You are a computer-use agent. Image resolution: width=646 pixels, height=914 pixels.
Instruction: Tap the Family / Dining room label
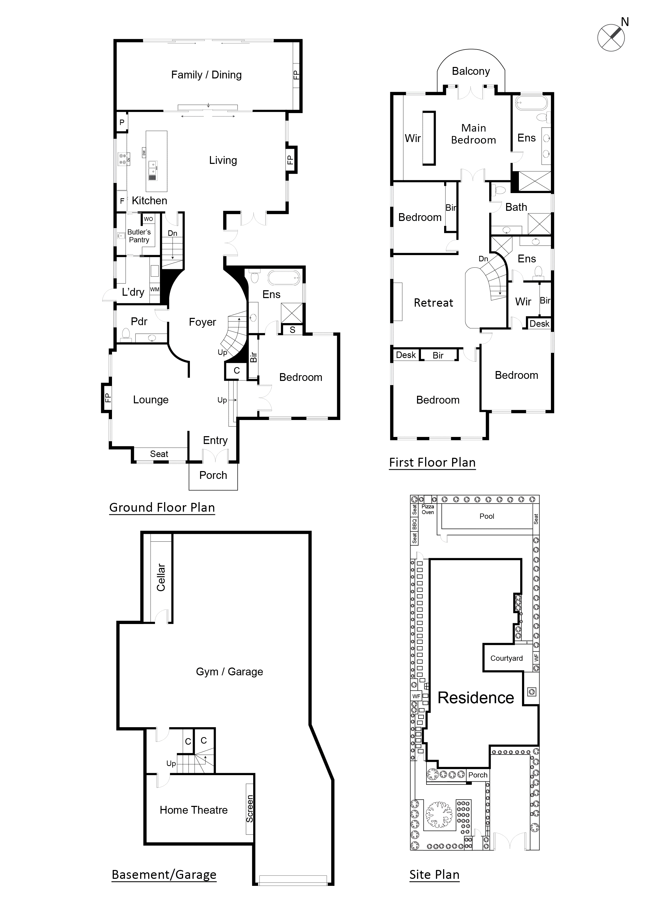[x=206, y=75]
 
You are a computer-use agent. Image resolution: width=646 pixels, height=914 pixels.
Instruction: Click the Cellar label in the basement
[x=161, y=577]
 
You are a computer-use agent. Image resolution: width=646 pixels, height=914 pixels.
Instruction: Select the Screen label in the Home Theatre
[x=250, y=808]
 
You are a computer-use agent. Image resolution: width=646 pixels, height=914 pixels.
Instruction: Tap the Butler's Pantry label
[x=139, y=236]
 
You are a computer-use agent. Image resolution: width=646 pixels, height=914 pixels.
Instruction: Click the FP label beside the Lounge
[x=107, y=398]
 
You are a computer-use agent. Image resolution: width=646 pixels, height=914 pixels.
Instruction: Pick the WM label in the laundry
[x=154, y=289]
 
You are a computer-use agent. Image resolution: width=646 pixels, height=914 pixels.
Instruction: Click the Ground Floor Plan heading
[x=162, y=508]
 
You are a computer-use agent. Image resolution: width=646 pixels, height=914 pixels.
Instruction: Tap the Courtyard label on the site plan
[x=506, y=658]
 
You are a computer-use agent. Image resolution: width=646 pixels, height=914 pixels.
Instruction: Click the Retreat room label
[x=433, y=303]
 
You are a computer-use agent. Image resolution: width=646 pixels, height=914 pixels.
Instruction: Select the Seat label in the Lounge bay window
[x=159, y=454]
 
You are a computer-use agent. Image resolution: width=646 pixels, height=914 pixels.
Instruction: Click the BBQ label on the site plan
[x=414, y=524]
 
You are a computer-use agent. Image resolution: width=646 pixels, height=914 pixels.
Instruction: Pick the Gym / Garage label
[x=229, y=672]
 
